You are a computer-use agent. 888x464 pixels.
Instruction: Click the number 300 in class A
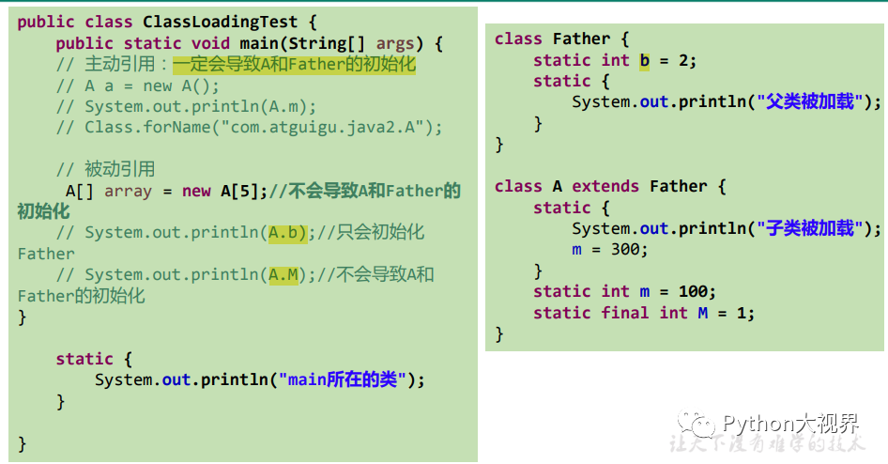pos(624,250)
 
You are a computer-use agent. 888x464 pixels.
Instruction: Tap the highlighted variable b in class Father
pos(644,60)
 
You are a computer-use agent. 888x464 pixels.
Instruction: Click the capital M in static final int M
pos(702,313)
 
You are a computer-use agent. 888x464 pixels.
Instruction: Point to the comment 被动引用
pos(119,169)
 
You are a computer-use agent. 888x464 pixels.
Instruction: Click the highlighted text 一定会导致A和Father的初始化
pos(294,64)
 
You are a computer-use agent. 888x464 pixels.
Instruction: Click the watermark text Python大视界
pos(790,423)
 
